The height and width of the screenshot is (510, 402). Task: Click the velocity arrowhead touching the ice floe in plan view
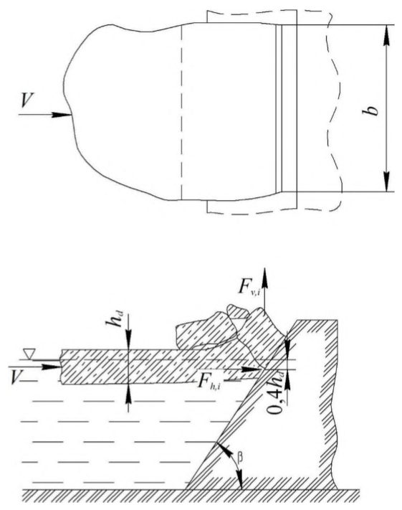(62, 115)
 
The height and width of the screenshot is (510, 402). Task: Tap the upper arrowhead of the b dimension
(386, 35)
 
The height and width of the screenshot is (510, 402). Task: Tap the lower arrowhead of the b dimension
(386, 181)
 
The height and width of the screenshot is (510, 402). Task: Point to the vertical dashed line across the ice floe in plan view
(181, 112)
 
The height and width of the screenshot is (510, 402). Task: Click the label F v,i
(249, 287)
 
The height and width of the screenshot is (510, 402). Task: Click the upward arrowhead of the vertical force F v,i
(265, 278)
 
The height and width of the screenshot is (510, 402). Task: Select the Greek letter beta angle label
(240, 458)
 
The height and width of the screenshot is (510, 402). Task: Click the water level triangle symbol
(29, 354)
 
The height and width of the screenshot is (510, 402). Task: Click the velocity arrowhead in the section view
(52, 367)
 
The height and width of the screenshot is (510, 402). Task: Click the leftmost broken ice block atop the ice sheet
(206, 332)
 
